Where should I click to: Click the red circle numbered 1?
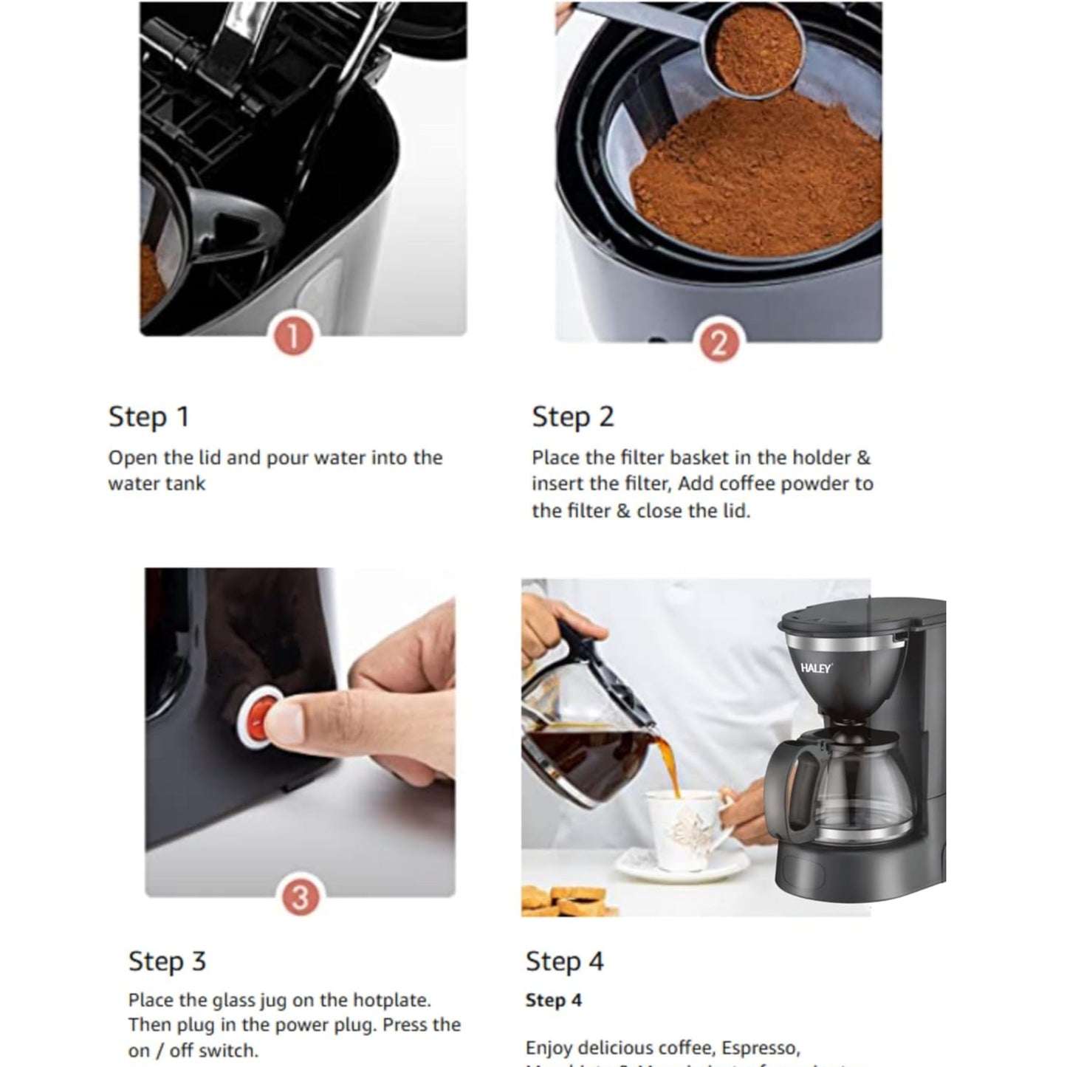coord(293,337)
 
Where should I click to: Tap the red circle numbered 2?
coord(718,343)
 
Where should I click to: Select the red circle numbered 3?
coord(300,897)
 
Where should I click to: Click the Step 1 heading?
coord(149,417)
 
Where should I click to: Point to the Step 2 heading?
coord(572,417)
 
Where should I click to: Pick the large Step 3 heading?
coord(167,961)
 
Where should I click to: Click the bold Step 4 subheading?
coord(553,1001)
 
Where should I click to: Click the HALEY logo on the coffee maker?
coord(815,668)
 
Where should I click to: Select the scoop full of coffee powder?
coord(752,49)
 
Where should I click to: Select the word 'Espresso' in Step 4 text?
coord(761,1049)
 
